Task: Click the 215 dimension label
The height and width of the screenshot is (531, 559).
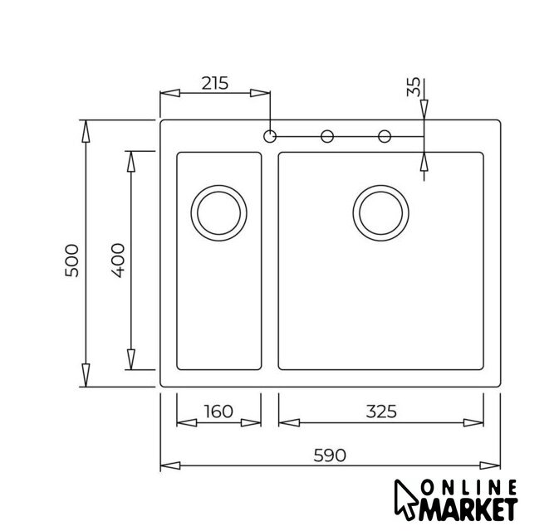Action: pyautogui.click(x=214, y=83)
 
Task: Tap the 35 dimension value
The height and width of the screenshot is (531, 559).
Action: pyautogui.click(x=414, y=87)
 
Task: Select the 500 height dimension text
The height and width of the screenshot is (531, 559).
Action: pyautogui.click(x=72, y=261)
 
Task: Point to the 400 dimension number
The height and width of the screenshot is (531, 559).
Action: pyautogui.click(x=118, y=261)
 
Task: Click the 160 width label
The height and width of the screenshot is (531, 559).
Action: pyautogui.click(x=218, y=412)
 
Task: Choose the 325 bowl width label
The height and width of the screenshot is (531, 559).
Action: pyautogui.click(x=381, y=412)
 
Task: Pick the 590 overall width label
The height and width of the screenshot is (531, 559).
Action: pyautogui.click(x=330, y=455)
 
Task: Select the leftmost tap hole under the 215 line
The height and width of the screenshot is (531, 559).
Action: pyautogui.click(x=270, y=136)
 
